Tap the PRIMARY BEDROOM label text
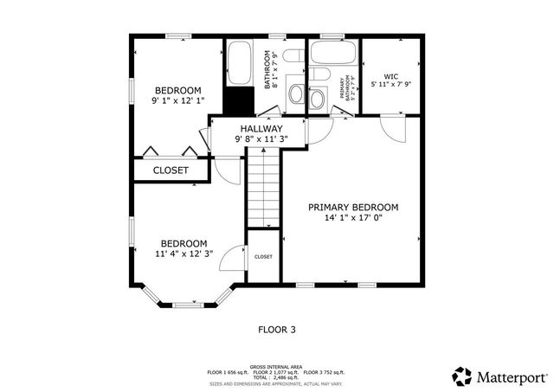(353, 207)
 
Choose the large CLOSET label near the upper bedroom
(171, 170)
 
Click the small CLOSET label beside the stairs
(263, 257)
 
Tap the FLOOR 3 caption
(277, 329)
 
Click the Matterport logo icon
(461, 376)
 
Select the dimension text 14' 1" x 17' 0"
(353, 218)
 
